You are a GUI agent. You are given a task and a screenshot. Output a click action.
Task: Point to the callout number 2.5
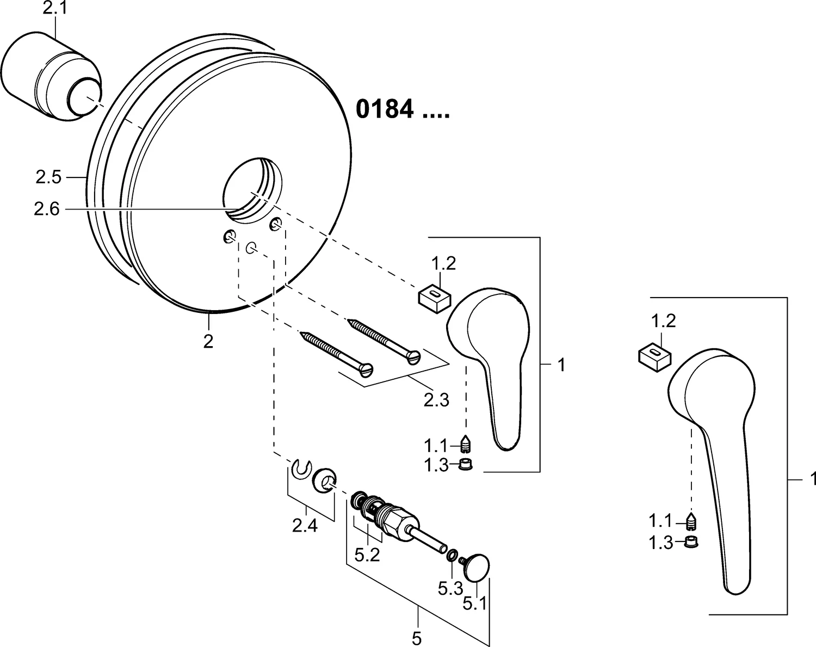coord(49,177)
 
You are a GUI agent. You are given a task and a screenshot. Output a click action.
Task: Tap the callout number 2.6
coord(46,209)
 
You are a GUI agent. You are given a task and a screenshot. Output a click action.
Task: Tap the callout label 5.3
coord(450,588)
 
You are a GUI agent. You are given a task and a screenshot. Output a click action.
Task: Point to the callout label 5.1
coord(475,603)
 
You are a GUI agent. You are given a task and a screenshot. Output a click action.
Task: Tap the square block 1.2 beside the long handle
coord(654,356)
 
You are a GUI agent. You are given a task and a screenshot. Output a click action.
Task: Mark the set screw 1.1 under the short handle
coord(466,445)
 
